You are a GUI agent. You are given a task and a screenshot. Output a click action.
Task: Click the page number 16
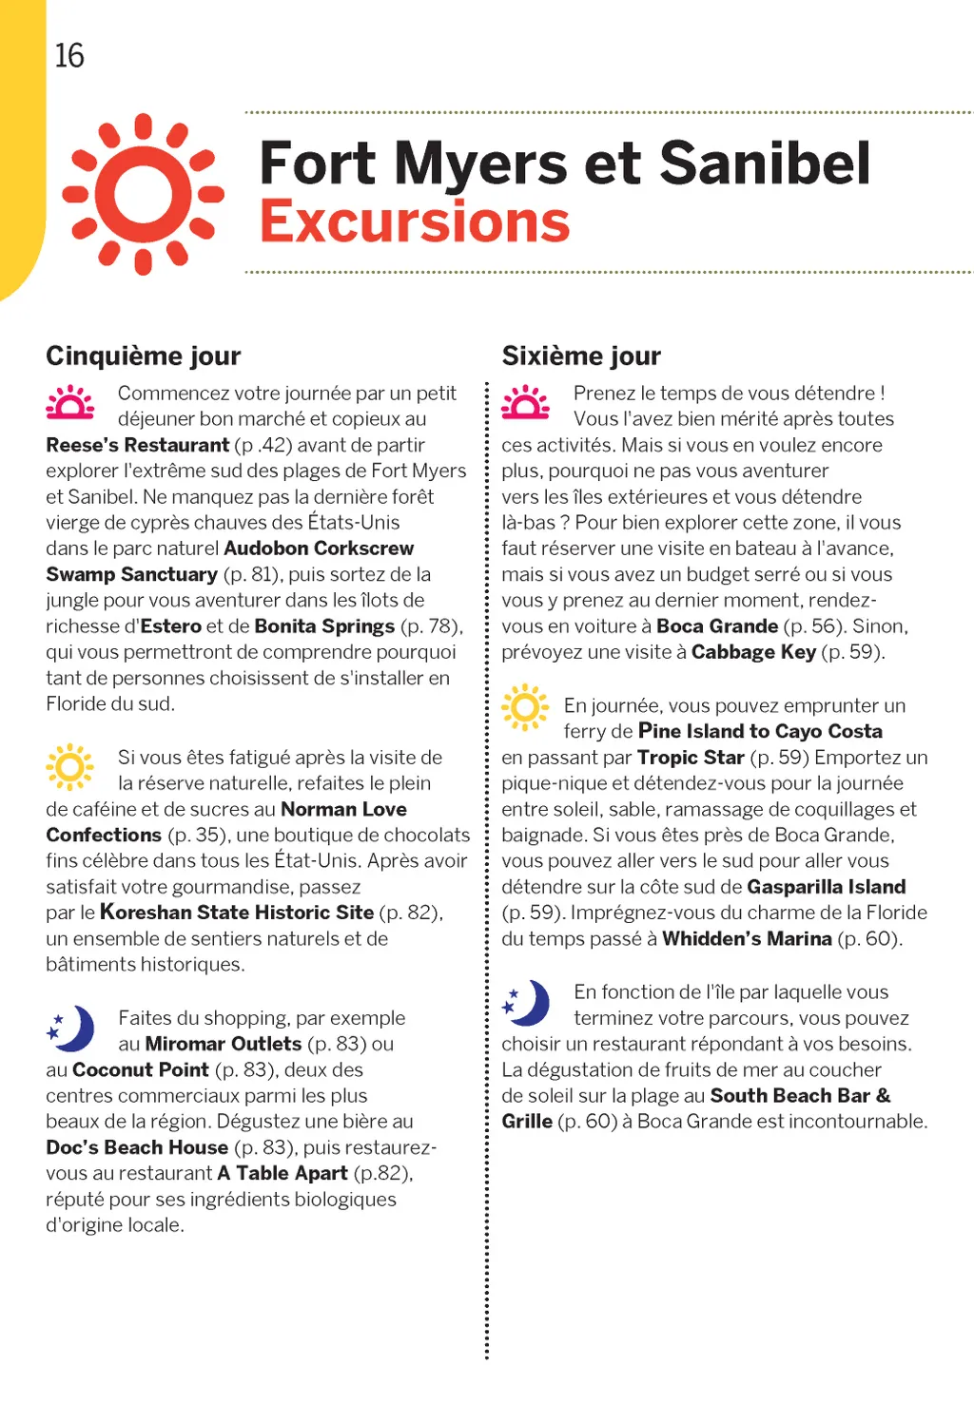69,56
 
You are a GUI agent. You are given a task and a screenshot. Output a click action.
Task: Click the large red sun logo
144,194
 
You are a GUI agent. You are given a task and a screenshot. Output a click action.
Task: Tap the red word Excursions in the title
415,222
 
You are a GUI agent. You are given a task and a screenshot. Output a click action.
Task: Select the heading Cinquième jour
144,356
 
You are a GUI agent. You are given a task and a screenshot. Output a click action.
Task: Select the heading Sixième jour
581,356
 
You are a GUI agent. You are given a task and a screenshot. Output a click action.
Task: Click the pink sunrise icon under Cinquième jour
70,402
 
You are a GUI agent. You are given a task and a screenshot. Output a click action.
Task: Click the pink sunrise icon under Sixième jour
526,402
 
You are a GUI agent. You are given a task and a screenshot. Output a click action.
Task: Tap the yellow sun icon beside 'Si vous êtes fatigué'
70,766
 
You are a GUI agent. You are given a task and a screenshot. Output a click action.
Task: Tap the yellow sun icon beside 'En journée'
526,707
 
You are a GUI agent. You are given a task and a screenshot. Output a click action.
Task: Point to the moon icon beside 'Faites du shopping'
72,1028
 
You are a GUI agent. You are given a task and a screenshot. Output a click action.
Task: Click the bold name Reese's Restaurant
138,446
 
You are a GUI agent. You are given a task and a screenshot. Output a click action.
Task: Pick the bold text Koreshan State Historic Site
237,913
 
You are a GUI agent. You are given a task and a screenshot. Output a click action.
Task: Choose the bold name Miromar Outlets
224,1044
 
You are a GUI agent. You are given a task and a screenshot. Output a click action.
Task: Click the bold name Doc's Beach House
137,1147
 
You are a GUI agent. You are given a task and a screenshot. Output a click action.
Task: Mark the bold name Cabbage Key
753,652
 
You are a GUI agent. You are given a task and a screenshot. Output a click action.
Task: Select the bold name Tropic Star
691,758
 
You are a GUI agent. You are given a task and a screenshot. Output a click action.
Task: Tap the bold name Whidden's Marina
747,939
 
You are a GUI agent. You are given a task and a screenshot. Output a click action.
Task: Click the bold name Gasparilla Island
827,887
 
